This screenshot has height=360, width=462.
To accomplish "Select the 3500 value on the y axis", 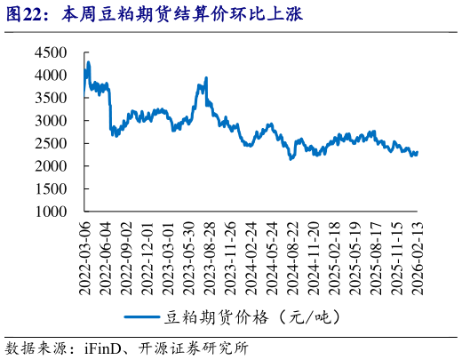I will point(51,98).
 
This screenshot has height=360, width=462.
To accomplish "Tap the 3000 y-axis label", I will point(51,120).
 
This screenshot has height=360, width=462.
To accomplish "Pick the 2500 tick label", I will point(51,143).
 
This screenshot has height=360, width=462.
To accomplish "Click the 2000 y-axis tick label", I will point(51,166).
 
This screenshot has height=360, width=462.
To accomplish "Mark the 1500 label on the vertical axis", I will point(51,189).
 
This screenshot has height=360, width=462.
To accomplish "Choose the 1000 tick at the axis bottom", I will point(51,212).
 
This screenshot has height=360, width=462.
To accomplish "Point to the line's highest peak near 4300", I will point(87,63).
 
